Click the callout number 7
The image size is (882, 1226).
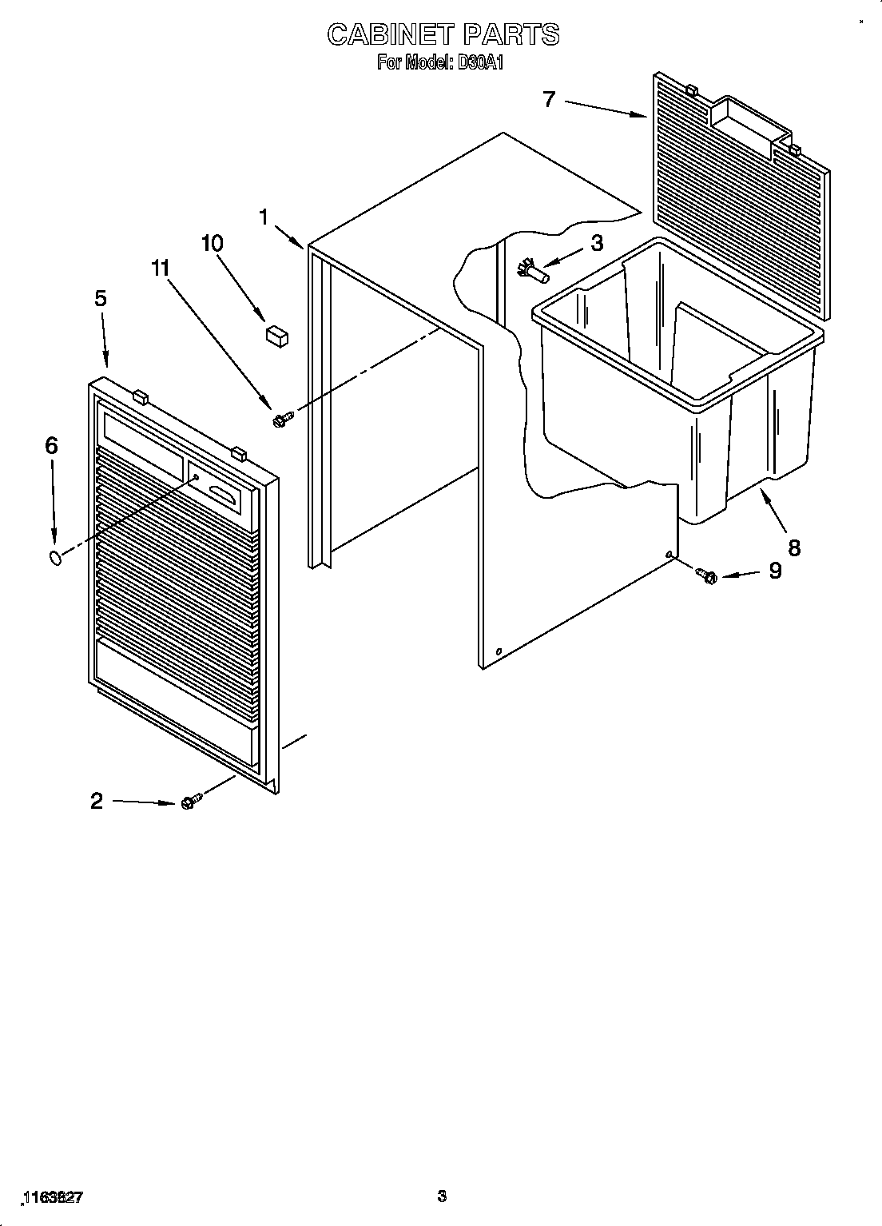[549, 99]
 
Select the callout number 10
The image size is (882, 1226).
[213, 243]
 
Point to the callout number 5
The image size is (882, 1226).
[100, 298]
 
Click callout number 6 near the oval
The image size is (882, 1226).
[51, 445]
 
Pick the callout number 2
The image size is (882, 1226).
[97, 800]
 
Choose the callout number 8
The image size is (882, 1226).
[793, 547]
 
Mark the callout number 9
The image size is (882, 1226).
[775, 571]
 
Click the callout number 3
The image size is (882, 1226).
[597, 243]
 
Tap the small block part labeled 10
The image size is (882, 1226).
[276, 333]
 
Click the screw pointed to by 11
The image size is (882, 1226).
[282, 418]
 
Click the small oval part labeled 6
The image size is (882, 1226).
[55, 557]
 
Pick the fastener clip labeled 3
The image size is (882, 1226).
[533, 269]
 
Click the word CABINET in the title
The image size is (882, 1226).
[391, 34]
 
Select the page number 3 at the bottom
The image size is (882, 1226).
[442, 1196]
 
